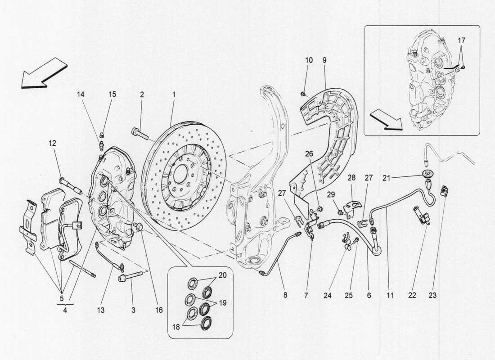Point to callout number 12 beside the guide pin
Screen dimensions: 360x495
coord(53,144)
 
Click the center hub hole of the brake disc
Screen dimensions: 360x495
coord(179,173)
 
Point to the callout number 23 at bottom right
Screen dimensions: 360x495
coord(433,295)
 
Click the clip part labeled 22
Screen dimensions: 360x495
coord(423,215)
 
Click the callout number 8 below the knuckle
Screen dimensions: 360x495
coord(285,295)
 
